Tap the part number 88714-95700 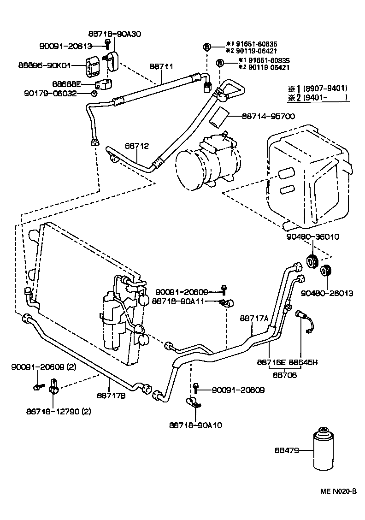click(x=268, y=117)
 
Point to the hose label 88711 click(x=161, y=66)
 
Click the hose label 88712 click(x=136, y=146)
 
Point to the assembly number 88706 click(x=284, y=375)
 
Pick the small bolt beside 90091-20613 click(x=107, y=45)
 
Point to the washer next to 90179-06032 click(x=94, y=93)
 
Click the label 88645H click(x=303, y=362)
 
